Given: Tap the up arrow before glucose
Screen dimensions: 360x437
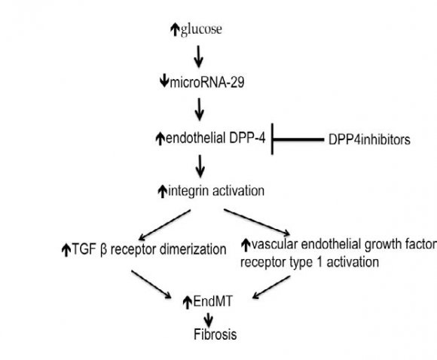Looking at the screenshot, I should (x=175, y=29).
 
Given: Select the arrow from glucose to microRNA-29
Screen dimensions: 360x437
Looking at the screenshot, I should (x=198, y=55).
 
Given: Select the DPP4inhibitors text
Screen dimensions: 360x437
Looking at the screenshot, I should (x=369, y=139).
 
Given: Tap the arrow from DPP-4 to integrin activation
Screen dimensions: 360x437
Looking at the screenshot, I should (x=199, y=166).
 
